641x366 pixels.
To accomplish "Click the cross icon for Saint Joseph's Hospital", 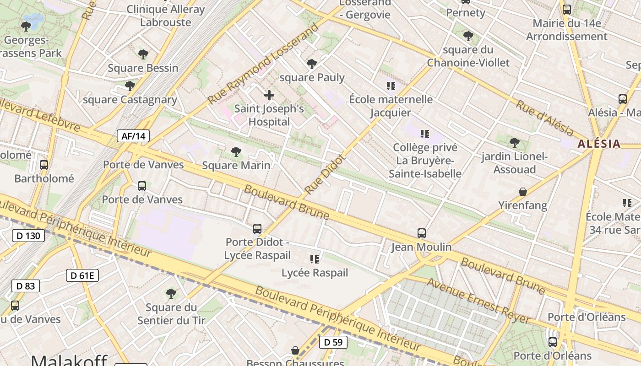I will click(x=269, y=95).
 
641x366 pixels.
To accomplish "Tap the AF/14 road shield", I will click(x=133, y=136).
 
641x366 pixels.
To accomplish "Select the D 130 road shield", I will click(x=28, y=236).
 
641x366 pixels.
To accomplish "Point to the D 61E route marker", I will click(x=82, y=275).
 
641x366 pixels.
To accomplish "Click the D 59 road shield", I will click(x=333, y=342).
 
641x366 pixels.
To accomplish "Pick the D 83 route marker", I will click(x=25, y=286).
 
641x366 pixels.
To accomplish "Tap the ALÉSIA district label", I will click(x=599, y=144).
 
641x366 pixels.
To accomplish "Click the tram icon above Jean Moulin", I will click(x=422, y=233).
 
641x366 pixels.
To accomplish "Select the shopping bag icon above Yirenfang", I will click(x=522, y=192).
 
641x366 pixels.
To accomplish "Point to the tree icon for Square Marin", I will click(x=236, y=151).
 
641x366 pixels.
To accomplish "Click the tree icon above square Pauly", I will click(x=312, y=64).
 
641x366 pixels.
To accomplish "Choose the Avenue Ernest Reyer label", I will click(x=478, y=301).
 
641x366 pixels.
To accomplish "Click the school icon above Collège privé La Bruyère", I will click(x=425, y=134).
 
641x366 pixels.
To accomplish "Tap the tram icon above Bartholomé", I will click(x=44, y=165).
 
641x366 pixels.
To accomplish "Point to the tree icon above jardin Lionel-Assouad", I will click(x=515, y=143).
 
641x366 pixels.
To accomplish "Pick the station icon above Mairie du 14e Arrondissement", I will click(x=567, y=10).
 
